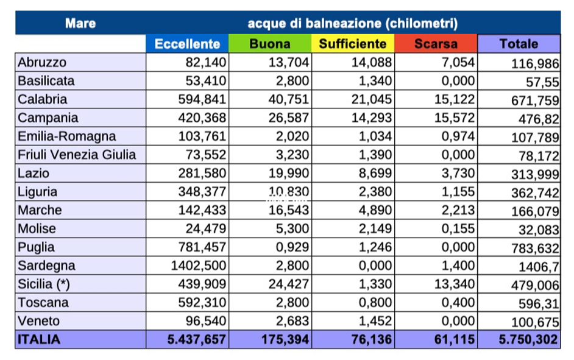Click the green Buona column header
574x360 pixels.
270,44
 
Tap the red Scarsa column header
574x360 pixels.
436,44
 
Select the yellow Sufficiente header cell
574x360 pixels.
353,44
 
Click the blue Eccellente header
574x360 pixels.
187,44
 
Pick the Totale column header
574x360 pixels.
519,44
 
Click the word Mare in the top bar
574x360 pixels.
80,24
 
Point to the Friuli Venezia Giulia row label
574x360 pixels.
77,155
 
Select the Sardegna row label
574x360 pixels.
47,266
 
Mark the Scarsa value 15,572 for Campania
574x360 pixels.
454,118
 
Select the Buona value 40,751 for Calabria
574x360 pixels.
289,99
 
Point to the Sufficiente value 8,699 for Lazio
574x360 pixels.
374,173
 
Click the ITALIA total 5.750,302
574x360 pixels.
528,340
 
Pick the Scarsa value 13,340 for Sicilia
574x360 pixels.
454,284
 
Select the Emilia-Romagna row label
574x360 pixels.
66,136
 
